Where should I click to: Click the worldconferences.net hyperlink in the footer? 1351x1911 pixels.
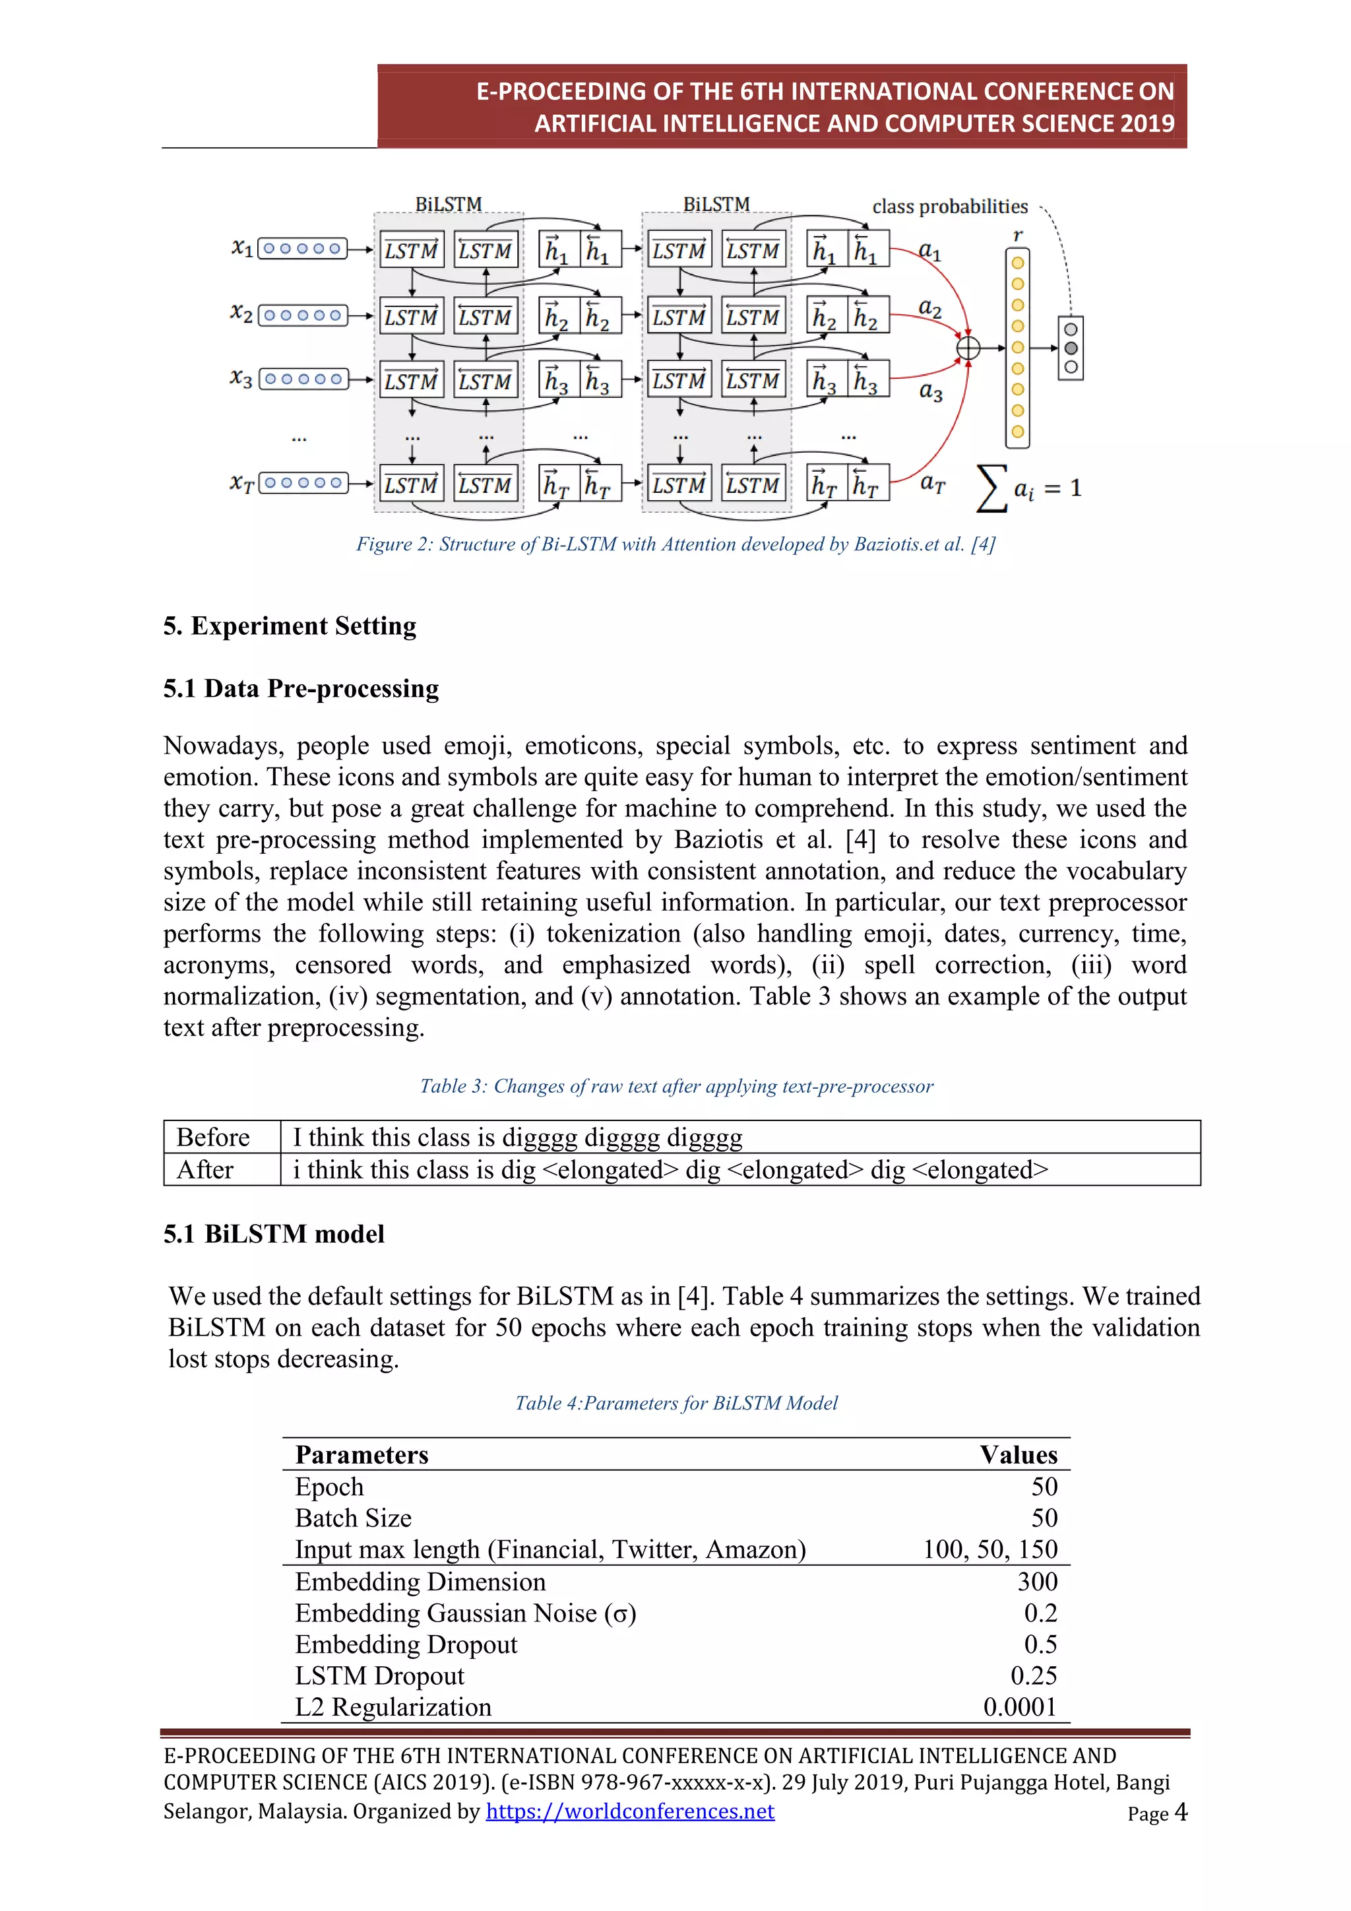(630, 1811)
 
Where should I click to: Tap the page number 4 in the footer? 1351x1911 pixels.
(1179, 1812)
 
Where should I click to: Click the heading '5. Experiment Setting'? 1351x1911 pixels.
(290, 626)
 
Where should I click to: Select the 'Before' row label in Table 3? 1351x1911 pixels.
(213, 1137)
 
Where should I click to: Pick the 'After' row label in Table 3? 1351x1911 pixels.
(204, 1169)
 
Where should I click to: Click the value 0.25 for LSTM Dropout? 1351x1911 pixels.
(1033, 1675)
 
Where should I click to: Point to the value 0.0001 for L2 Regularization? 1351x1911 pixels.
(1019, 1706)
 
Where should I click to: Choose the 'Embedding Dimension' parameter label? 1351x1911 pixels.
(420, 1582)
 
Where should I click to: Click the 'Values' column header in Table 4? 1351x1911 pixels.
(1019, 1454)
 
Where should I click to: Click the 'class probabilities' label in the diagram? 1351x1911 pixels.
(949, 207)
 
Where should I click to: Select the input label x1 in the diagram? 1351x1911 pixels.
(242, 248)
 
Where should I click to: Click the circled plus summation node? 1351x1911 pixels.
(968, 348)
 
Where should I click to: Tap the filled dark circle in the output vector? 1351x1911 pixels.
(1071, 348)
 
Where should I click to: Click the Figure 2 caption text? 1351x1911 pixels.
(675, 544)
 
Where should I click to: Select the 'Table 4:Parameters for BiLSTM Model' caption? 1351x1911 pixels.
(675, 1404)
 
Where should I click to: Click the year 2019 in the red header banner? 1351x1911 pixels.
(1147, 123)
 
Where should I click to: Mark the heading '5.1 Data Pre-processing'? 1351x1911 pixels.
(301, 688)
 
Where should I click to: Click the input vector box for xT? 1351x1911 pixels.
(303, 483)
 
